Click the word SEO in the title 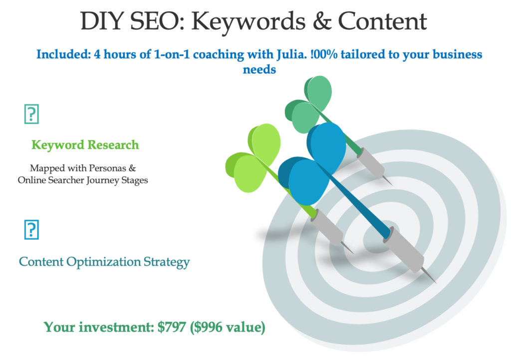[157, 21]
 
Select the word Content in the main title [383, 21]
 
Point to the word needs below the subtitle [259, 69]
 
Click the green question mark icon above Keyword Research [31, 114]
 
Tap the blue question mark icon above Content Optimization [31, 230]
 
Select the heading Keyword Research [85, 145]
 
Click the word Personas [107, 168]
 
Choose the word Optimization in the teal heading [104, 262]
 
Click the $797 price [172, 327]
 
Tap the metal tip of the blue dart [429, 275]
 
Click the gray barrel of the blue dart [404, 250]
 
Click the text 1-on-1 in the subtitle [172, 54]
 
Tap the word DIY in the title [102, 21]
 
